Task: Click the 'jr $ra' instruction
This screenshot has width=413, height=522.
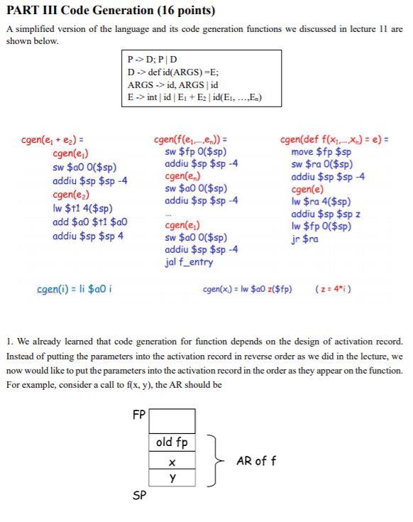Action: coord(305,239)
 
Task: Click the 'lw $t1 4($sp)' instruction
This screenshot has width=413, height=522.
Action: coord(82,209)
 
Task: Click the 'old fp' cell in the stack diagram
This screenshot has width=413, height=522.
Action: coord(172,443)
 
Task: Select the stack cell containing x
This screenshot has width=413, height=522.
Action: coord(172,462)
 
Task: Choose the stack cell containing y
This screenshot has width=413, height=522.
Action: coord(172,477)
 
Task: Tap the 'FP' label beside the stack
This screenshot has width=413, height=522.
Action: coord(139,413)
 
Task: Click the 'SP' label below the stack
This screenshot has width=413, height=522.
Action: coord(139,495)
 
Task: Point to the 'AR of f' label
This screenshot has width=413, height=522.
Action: coord(256,461)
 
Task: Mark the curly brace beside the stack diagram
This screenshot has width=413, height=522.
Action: coord(216,460)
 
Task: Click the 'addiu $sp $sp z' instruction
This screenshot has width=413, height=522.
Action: coord(326,214)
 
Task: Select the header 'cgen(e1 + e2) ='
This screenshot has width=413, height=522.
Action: coord(57,140)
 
